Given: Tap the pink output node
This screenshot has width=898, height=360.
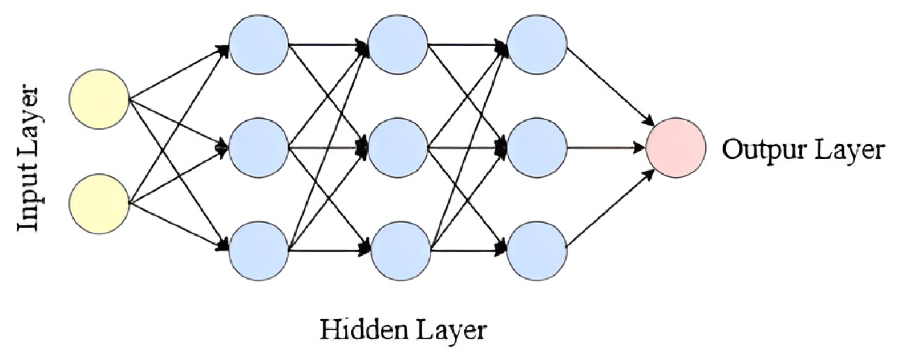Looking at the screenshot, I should pos(675,148).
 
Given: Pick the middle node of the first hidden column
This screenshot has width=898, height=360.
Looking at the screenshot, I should pos(258,147).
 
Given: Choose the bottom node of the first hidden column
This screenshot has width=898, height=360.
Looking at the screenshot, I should pos(258,251).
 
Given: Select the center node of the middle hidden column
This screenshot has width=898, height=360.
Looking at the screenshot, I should pos(398,147).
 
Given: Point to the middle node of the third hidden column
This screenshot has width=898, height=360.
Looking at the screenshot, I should pos(537,147).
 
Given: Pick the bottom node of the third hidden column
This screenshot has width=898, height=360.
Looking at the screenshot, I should pos(537,251).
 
